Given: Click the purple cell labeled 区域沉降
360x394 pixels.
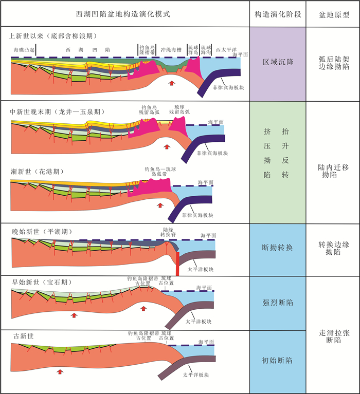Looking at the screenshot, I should coord(278,62).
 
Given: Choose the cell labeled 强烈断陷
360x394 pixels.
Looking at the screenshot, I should coord(278,303).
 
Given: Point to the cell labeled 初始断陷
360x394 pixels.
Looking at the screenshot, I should coord(278,361).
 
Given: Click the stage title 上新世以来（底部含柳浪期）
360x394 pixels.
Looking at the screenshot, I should coord(60,36).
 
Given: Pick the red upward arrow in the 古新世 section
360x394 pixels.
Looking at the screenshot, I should coord(61,371).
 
